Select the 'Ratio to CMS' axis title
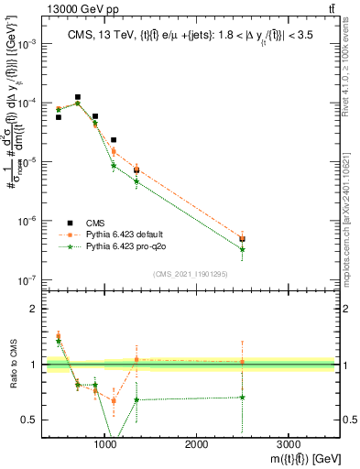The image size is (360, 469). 12,365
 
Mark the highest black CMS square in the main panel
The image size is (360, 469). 78,97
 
